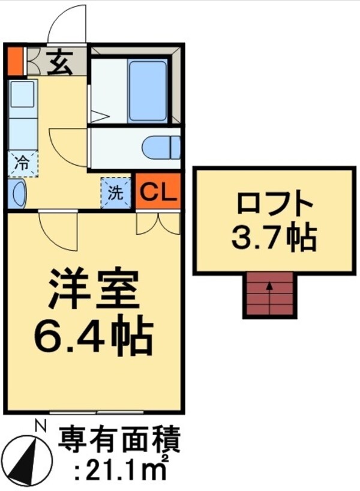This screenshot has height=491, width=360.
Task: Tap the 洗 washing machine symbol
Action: click(x=115, y=193)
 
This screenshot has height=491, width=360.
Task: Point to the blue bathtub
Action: click(x=148, y=91)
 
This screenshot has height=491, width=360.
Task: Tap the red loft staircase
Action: click(x=269, y=295)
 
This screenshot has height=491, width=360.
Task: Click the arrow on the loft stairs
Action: click(x=269, y=288)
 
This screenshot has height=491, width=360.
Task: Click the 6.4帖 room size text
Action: click(x=94, y=336)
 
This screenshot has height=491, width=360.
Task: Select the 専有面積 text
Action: click(x=119, y=442)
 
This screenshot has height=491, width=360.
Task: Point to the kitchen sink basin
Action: click(x=23, y=95)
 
